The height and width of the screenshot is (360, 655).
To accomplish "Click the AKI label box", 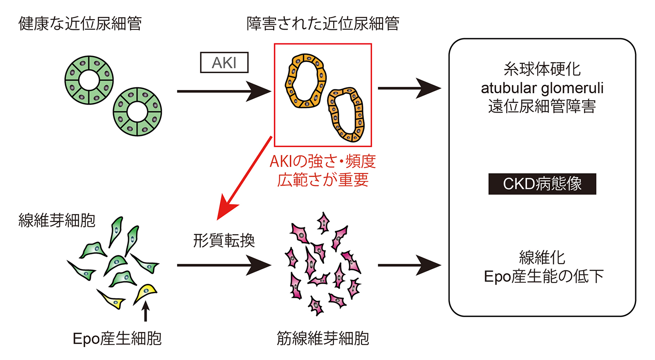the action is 224,63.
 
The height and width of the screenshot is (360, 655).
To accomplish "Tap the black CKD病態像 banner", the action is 542,184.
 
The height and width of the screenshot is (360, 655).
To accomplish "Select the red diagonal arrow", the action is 244,178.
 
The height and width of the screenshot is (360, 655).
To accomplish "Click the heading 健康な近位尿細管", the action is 80,23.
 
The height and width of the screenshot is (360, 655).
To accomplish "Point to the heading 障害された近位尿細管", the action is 323,23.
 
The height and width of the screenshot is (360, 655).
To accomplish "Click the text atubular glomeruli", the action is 542,88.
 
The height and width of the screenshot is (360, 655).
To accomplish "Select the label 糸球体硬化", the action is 542,70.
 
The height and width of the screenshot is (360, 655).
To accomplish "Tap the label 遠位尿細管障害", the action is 542,106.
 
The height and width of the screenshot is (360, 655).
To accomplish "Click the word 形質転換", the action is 224,241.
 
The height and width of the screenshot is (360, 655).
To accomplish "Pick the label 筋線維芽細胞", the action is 323,338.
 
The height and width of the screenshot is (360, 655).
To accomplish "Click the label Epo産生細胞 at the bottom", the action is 117,338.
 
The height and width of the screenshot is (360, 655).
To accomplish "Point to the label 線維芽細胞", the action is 57,220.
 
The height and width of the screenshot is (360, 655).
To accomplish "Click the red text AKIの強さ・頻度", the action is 323,161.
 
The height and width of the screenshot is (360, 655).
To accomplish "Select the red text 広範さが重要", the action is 323,180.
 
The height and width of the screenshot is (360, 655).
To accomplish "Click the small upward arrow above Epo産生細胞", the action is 146,311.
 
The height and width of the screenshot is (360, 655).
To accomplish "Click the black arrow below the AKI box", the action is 224,92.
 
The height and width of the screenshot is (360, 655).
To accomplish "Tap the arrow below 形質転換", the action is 224,265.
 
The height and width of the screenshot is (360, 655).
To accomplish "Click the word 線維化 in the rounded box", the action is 542,258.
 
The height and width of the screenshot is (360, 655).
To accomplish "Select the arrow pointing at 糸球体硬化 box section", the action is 409,88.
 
